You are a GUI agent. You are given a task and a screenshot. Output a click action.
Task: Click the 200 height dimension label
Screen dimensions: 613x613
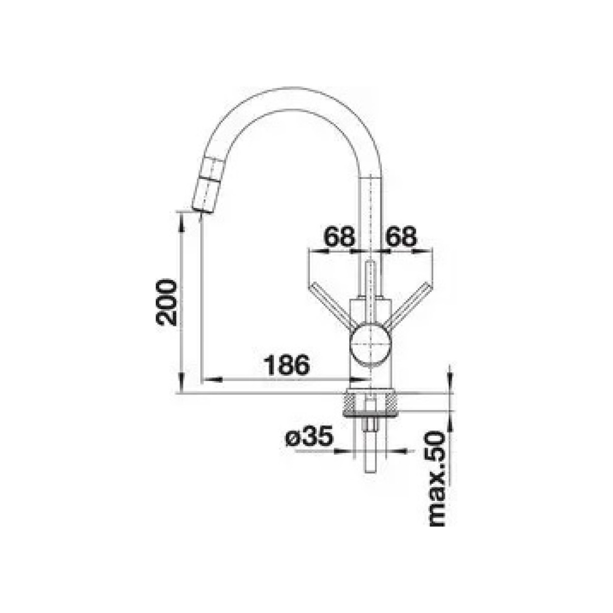point(166,302)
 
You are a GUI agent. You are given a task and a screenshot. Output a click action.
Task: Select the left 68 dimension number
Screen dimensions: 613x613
point(339,236)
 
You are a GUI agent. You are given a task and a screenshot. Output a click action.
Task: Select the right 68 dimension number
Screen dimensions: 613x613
point(401,236)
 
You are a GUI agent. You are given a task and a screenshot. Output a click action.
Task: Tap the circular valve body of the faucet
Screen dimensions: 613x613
point(370,345)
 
